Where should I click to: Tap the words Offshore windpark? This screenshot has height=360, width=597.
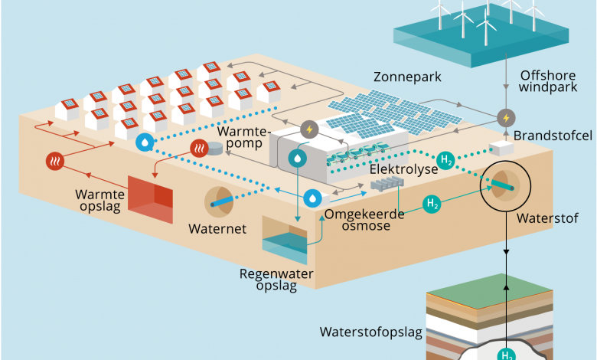pyautogui.click(x=546, y=81)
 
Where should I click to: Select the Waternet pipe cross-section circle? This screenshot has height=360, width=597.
pyautogui.click(x=221, y=201)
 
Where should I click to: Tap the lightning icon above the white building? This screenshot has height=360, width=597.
pyautogui.click(x=309, y=129)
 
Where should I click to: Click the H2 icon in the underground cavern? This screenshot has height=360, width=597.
pyautogui.click(x=506, y=354)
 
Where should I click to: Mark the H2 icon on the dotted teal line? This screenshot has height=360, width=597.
pyautogui.click(x=447, y=160)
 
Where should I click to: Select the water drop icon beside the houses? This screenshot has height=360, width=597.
pyautogui.click(x=145, y=142)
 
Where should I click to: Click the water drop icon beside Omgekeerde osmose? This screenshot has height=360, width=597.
pyautogui.click(x=312, y=198)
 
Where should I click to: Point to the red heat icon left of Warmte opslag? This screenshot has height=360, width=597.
pyautogui.click(x=54, y=161)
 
